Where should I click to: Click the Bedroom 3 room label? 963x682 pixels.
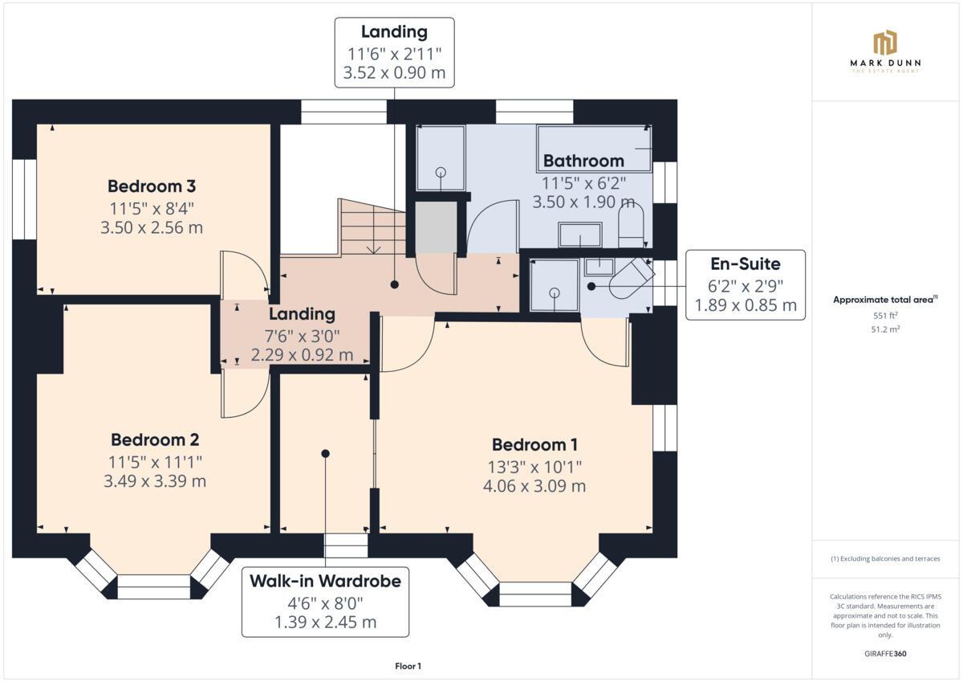click(x=152, y=186)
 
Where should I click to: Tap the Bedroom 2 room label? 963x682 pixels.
click(x=155, y=440)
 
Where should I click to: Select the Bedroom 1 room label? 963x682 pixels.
click(x=534, y=445)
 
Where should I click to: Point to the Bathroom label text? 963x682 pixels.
click(x=583, y=161)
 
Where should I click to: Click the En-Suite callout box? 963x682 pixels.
click(x=746, y=284)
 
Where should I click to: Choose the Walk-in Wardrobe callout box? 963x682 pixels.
click(x=325, y=601)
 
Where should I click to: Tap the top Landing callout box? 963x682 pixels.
click(x=394, y=52)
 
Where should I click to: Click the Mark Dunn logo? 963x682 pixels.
click(x=885, y=52)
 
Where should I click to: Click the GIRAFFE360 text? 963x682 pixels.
click(x=885, y=654)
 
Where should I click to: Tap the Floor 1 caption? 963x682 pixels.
click(x=408, y=666)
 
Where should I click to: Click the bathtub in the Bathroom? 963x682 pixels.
click(x=595, y=148)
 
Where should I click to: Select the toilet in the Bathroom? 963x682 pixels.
click(x=631, y=226)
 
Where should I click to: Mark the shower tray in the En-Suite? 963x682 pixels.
click(x=555, y=285)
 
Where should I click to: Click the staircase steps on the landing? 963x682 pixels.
click(x=372, y=229)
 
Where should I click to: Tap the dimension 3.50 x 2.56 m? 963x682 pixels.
click(x=152, y=227)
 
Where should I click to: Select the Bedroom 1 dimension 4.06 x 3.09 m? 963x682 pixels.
click(x=534, y=486)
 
